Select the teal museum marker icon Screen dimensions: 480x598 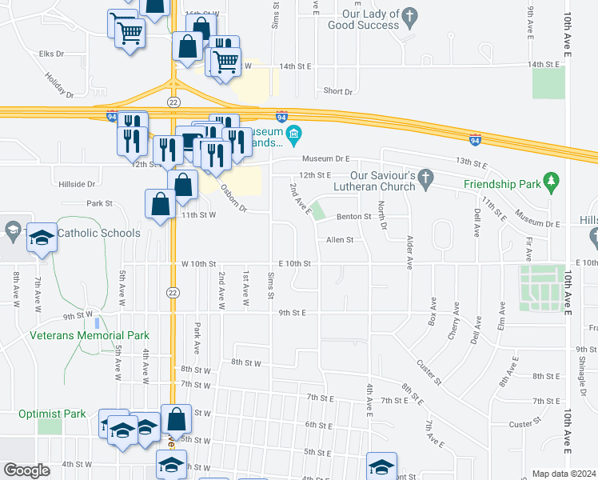(293, 133)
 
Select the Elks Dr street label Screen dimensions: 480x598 (50, 54)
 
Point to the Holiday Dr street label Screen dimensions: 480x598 (58, 83)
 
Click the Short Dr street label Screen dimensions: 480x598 (338, 91)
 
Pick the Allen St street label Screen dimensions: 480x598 (341, 240)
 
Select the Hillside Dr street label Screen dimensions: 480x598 (77, 184)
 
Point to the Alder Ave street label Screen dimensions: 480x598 (409, 250)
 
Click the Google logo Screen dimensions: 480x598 (27, 470)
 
